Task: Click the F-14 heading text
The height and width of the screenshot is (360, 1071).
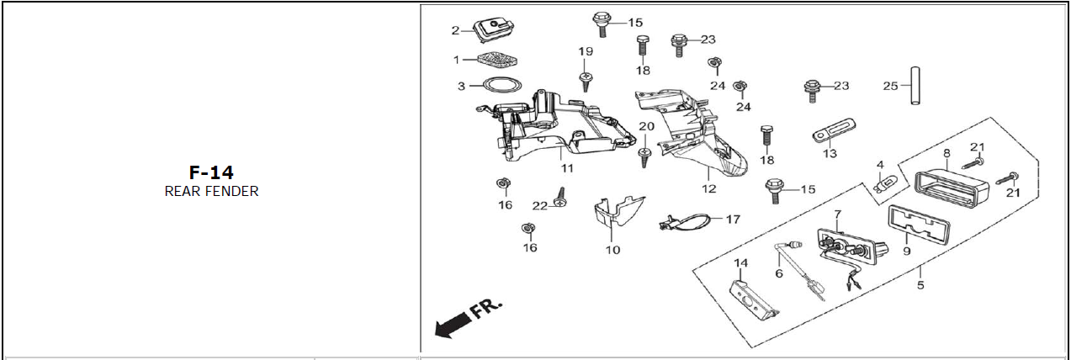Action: [x=211, y=172]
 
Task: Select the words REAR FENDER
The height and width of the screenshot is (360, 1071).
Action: [x=211, y=191]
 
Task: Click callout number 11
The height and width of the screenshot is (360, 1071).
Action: [x=567, y=168]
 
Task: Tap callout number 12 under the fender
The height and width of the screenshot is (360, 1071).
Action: [x=708, y=188]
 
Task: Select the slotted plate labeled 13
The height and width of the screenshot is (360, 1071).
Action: [x=834, y=131]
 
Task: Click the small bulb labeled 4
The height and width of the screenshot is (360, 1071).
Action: [x=885, y=184]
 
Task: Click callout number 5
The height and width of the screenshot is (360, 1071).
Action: [x=920, y=285]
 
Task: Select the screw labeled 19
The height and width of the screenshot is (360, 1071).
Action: [x=586, y=80]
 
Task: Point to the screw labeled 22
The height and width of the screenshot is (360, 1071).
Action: [x=562, y=200]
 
